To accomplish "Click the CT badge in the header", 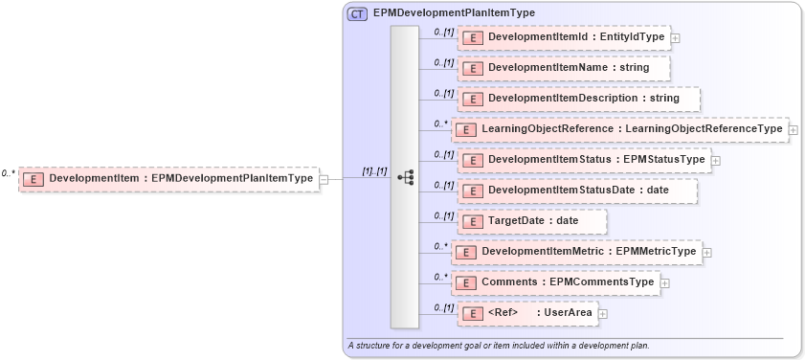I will coord(357,13).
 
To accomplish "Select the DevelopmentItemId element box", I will coord(565,37).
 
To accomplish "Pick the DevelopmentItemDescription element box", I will coord(578,99).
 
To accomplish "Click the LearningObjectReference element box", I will coord(619,129).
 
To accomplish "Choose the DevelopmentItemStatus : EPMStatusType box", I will coord(584,159).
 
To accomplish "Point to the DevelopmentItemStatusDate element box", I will coord(577,191).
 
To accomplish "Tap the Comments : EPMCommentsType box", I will coord(555,282).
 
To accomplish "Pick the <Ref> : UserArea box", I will coord(527,313).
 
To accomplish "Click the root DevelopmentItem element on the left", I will coord(168,178).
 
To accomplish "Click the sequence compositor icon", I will coord(405,177).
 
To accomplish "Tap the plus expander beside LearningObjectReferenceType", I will coord(793,129).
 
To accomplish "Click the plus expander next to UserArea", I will coord(603,313).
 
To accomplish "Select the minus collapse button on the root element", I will coord(324,178).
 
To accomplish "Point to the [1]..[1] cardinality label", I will coord(374,171).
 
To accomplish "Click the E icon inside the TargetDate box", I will coord(472,222).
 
